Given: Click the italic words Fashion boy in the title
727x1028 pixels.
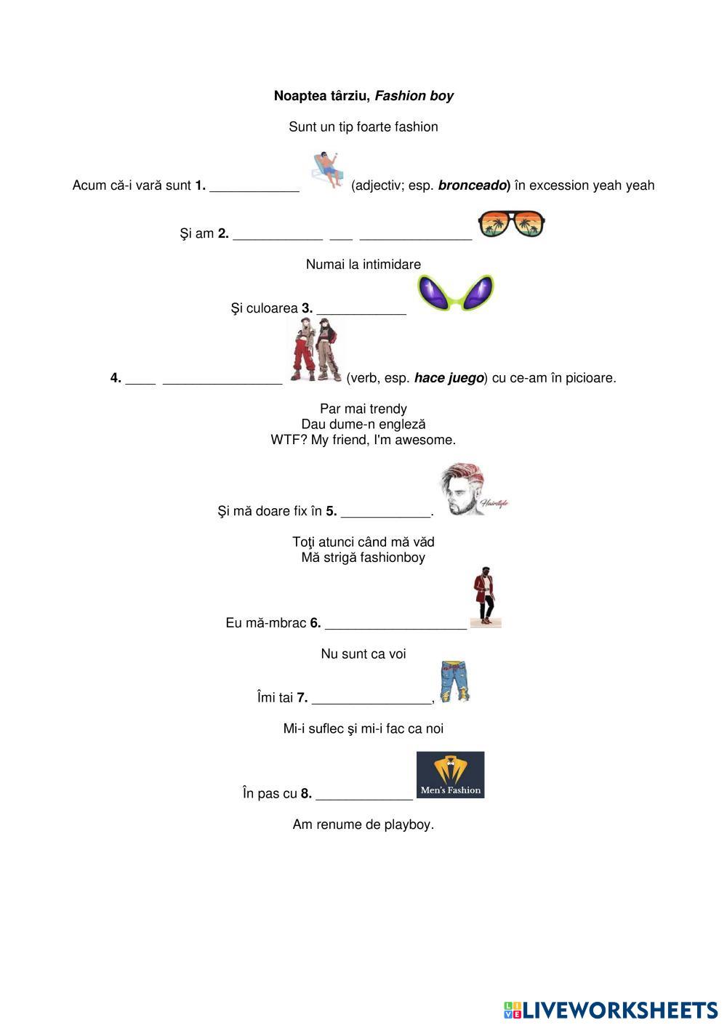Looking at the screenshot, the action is click(x=414, y=96).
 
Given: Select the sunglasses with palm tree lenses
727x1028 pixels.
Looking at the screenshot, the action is click(x=511, y=223).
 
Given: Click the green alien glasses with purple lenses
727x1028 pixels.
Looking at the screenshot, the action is click(x=456, y=293).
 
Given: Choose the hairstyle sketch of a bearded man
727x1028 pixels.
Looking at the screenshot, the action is click(x=471, y=489).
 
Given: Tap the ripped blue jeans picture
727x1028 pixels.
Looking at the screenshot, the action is click(x=454, y=682).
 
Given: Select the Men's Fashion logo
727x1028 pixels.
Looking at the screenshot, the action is click(x=450, y=775).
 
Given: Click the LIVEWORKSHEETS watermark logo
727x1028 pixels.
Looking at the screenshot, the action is click(x=610, y=1010).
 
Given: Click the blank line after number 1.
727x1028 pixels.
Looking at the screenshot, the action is click(x=254, y=190).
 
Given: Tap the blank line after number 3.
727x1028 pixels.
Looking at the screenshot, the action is click(x=361, y=313).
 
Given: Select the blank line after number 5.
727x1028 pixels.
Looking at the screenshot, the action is click(x=385, y=515).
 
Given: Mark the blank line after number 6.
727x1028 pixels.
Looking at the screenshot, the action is click(x=395, y=627).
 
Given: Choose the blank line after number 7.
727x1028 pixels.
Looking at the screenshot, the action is click(x=371, y=702).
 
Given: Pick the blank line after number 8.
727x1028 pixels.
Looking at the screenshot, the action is click(x=364, y=798).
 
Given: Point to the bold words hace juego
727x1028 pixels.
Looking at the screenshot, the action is click(x=449, y=378).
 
